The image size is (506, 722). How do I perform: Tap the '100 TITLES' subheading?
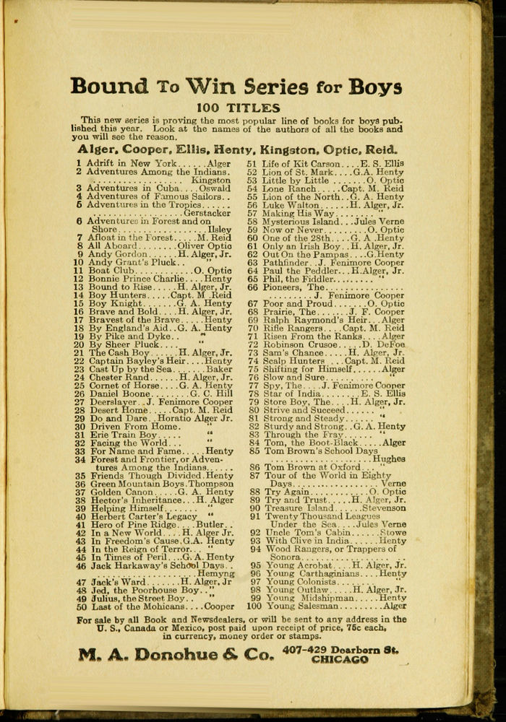click(x=238, y=108)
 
